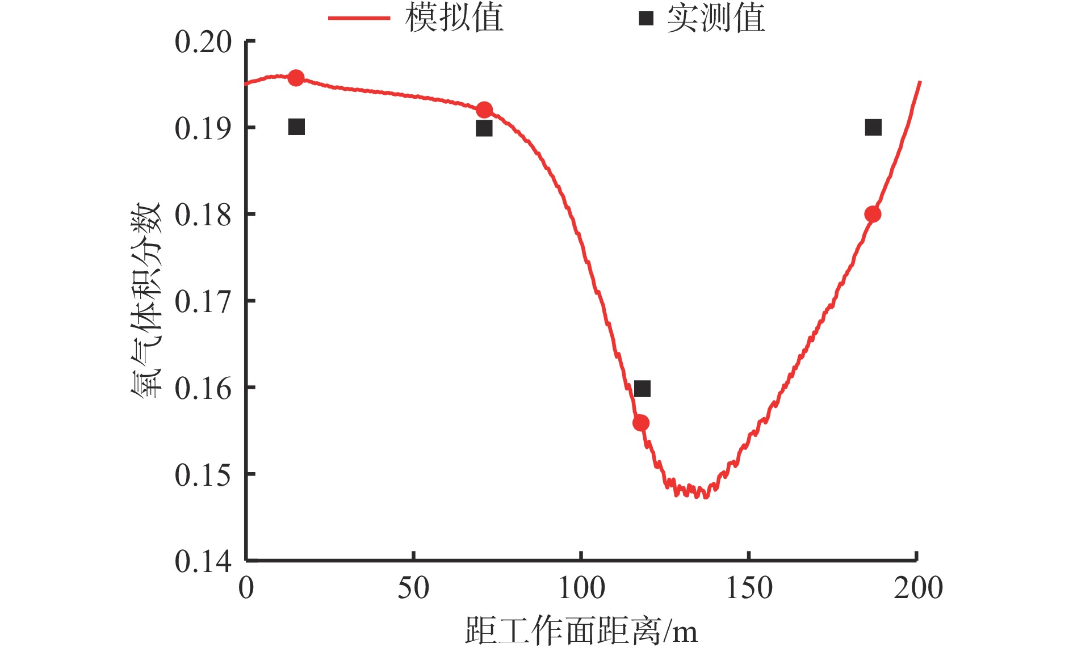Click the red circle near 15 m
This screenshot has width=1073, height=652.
tap(296, 78)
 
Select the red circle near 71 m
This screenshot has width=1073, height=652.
tap(484, 110)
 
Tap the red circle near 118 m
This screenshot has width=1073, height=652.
tap(641, 423)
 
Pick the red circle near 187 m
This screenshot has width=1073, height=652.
tap(873, 214)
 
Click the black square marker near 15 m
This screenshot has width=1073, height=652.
tap(296, 127)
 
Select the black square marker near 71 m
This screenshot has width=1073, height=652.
tap(484, 129)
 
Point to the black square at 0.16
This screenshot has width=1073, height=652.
tap(642, 389)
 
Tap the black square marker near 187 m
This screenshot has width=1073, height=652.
tap(873, 128)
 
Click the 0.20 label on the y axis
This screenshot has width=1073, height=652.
tap(203, 43)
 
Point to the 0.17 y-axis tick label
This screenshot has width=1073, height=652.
tap(203, 302)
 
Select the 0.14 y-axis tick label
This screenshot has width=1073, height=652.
tap(203, 562)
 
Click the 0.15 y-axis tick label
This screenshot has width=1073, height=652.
tap(203, 476)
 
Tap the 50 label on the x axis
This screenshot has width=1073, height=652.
tap(413, 588)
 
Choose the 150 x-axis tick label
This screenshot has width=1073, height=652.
tap(749, 588)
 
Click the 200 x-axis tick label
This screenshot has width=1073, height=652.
tap(917, 588)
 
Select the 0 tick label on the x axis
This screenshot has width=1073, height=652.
tap(246, 588)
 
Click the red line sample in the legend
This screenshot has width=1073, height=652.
tap(359, 18)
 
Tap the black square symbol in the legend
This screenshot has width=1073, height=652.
tap(646, 18)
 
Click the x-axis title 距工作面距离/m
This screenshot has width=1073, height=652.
tap(581, 631)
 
